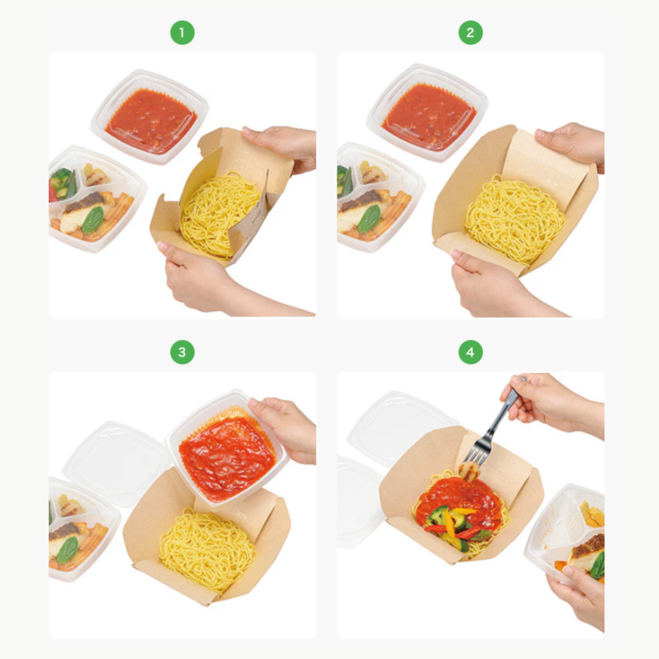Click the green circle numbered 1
coord(182,33)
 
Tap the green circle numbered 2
coord(471,33)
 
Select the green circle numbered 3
coord(182,352)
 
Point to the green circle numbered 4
coord(471,352)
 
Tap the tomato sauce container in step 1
coord(150,117)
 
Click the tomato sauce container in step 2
coord(428,112)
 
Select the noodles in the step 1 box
coord(218,214)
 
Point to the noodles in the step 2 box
coord(515,219)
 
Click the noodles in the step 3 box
coord(208,548)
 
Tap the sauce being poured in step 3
coord(227,458)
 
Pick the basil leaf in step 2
coord(369,219)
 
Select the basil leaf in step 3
coord(67,550)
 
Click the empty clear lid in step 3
coord(113,463)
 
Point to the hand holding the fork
coord(550,403)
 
